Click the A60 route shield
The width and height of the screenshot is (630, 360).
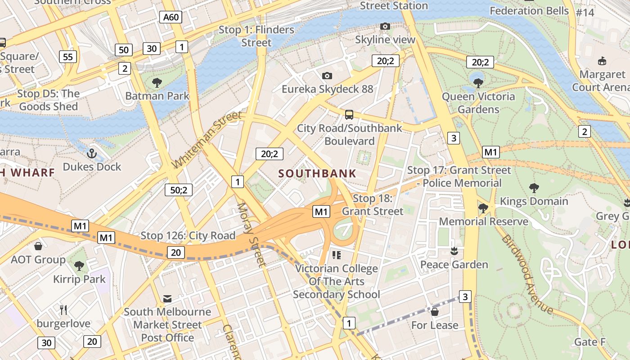click(x=171, y=18)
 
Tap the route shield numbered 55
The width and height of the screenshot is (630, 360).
click(x=68, y=57)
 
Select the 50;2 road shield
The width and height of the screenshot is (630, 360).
click(x=178, y=190)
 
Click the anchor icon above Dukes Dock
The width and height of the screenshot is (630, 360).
click(x=92, y=153)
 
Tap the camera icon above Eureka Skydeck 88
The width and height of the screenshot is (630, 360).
click(x=327, y=76)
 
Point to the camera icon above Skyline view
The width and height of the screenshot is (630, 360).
click(x=385, y=27)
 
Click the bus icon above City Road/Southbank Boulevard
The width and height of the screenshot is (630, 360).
click(x=349, y=114)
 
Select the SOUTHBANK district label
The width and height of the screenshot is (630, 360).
click(x=317, y=173)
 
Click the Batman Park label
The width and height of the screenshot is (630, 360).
click(x=157, y=96)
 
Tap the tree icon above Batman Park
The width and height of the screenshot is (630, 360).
click(x=157, y=82)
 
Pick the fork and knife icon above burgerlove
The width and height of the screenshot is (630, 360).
click(x=63, y=310)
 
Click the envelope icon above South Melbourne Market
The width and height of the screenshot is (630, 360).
click(x=167, y=298)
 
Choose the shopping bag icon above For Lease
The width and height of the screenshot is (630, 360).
click(x=435, y=311)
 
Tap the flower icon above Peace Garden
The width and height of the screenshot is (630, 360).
click(x=454, y=251)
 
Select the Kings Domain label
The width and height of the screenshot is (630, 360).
click(x=534, y=201)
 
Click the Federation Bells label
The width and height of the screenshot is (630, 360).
click(x=529, y=10)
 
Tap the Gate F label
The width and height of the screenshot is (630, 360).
click(x=590, y=342)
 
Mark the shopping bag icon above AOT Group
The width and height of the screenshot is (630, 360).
click(x=38, y=246)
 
